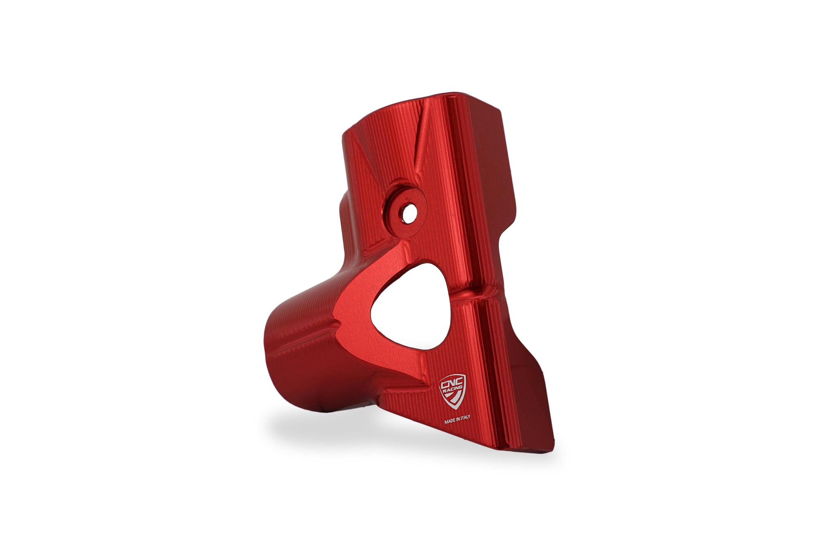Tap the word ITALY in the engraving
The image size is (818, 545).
pyautogui.click(x=465, y=417)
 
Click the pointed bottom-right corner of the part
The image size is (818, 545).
pyautogui.click(x=552, y=452)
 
